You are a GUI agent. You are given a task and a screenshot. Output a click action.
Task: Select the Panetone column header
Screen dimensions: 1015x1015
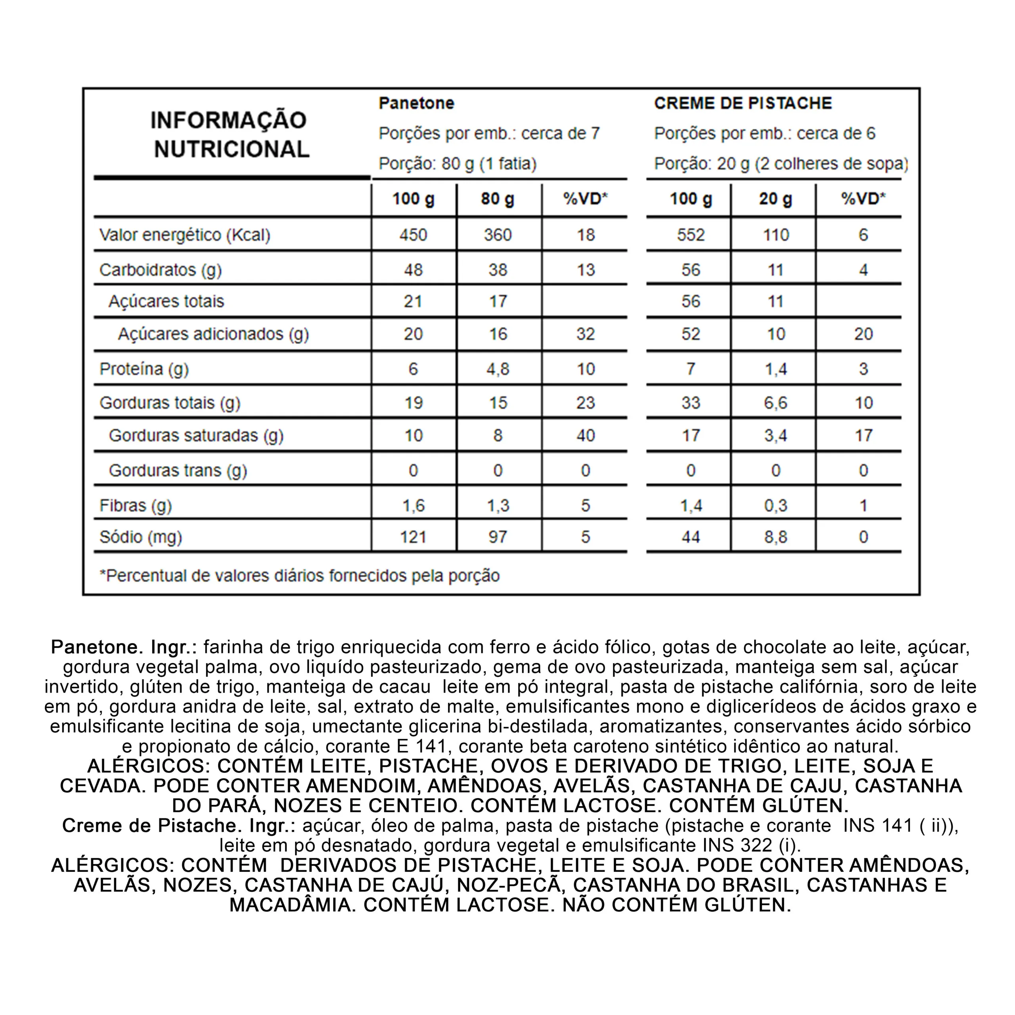[x=416, y=103]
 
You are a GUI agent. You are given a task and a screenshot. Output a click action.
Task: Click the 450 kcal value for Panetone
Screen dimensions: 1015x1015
[x=413, y=235]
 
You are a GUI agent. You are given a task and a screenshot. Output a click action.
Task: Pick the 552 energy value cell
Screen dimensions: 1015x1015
[x=690, y=235]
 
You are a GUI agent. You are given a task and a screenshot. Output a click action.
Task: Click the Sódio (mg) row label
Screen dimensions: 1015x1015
[x=141, y=537]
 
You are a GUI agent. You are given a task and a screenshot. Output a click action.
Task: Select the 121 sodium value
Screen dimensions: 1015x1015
[x=413, y=537]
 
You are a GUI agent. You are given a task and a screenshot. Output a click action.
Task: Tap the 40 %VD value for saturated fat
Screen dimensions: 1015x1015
[x=585, y=435]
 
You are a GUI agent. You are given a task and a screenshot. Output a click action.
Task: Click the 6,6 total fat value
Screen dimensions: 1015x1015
[x=776, y=403]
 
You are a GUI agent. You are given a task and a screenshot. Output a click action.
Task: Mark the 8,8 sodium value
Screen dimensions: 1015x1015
[x=776, y=537]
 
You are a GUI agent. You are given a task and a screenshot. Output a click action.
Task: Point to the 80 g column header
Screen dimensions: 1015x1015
[x=498, y=199]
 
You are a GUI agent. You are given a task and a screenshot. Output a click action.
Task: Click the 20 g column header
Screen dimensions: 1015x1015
[x=776, y=199]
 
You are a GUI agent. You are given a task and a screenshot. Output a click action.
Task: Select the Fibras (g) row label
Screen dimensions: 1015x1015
[x=136, y=506]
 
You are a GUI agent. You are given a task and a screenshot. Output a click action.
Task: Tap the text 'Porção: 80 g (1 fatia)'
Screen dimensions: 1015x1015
[x=458, y=164]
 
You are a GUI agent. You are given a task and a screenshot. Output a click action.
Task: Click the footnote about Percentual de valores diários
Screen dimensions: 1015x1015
[x=299, y=576]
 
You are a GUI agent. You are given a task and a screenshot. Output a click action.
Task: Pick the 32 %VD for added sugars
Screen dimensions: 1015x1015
[x=585, y=334]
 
